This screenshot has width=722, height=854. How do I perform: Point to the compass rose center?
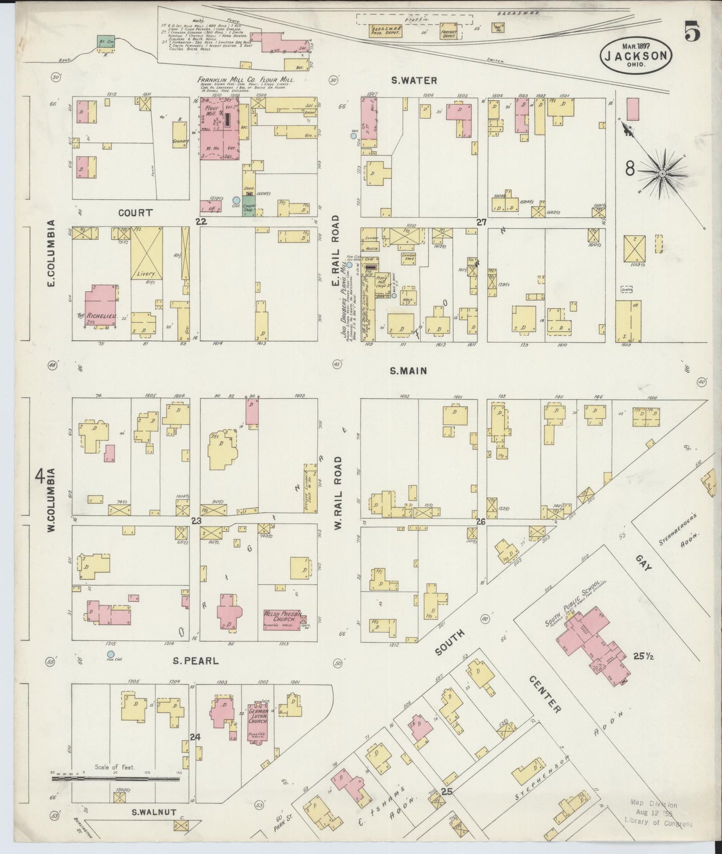tap(662, 173)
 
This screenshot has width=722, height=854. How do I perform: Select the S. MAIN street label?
tap(408, 371)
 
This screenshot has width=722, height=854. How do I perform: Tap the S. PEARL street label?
tap(196, 661)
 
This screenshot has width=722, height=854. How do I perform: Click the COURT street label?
tap(135, 213)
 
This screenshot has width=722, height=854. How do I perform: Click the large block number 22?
tap(201, 221)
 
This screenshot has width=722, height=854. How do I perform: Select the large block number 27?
tap(481, 222)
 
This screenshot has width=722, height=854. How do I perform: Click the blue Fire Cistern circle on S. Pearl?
tap(110, 654)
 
